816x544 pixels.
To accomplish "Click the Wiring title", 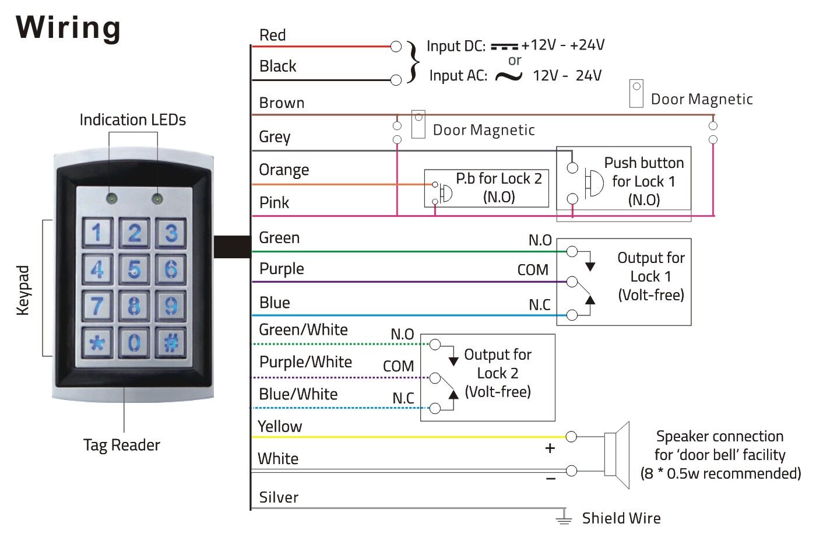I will (x=68, y=27).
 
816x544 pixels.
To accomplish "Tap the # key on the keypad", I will (x=171, y=342).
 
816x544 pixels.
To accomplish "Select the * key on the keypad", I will (x=97, y=342).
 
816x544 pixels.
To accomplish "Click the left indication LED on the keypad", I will (x=111, y=198).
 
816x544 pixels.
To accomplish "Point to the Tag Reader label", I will (x=121, y=445).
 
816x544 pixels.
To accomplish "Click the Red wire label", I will (x=272, y=35).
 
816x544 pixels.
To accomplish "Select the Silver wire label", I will (x=279, y=497).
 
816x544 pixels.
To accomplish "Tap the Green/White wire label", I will (x=303, y=329).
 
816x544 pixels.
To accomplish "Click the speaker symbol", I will (x=617, y=454).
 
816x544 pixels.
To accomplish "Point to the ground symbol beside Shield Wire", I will (x=564, y=517).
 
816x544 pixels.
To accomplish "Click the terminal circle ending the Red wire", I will (x=396, y=46).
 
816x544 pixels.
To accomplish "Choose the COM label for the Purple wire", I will (x=533, y=270).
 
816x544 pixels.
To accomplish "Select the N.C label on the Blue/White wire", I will (x=403, y=398).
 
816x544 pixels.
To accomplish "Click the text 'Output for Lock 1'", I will (x=651, y=267).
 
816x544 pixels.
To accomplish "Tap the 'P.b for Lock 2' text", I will (x=498, y=178).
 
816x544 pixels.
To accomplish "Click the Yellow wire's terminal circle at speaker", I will (x=571, y=437).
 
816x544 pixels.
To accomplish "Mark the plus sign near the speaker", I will (x=550, y=448).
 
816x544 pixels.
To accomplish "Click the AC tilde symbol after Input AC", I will (x=508, y=76).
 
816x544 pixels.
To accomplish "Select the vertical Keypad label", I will (x=23, y=290).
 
